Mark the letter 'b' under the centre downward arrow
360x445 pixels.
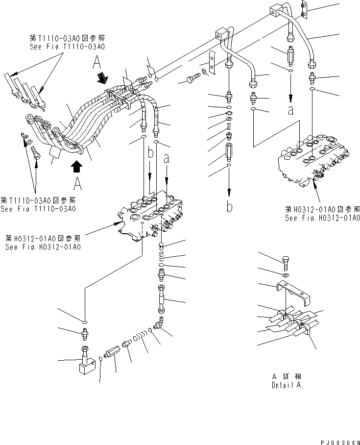click(x=229, y=207)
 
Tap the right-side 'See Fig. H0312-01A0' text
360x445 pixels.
click(x=322, y=218)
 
